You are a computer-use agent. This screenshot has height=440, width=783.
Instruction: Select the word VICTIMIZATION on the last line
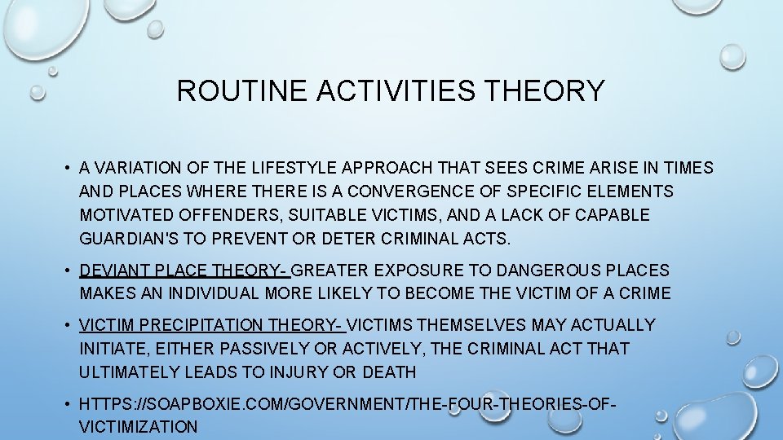(x=139, y=427)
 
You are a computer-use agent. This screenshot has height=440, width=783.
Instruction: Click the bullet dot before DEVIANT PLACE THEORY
(x=68, y=270)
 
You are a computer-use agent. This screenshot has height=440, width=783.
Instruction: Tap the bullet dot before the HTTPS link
(x=68, y=403)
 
